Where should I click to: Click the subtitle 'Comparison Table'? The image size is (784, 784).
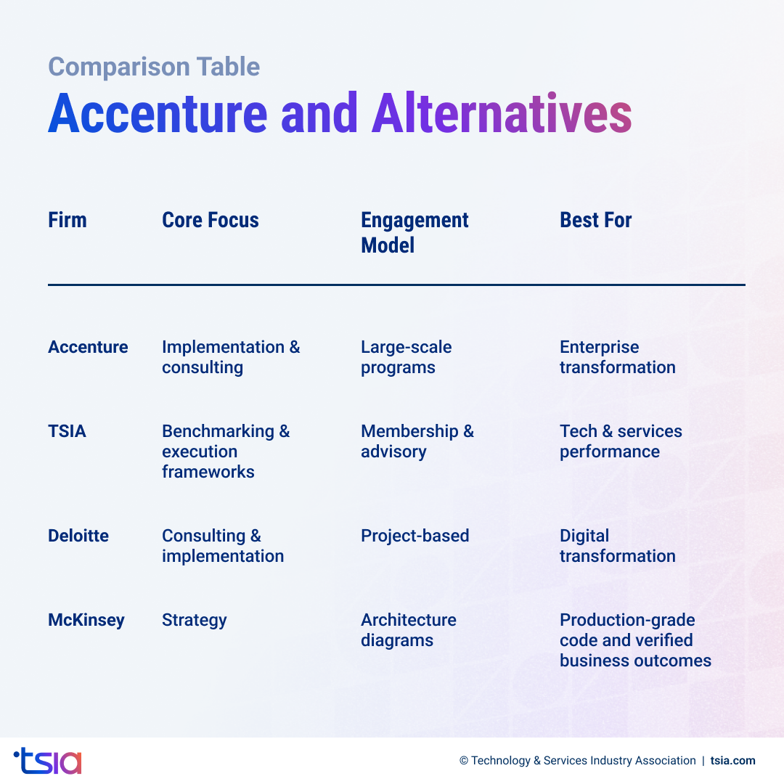[x=154, y=67]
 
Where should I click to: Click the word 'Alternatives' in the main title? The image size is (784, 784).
[x=501, y=114]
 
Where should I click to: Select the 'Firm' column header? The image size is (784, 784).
[x=68, y=220]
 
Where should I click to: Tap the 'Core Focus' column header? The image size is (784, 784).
[x=211, y=220]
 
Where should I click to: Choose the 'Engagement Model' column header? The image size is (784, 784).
[x=415, y=232]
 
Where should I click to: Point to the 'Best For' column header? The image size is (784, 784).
[x=595, y=220]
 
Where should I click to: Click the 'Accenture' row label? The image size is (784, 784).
[x=88, y=347]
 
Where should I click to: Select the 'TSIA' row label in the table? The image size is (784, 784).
[x=67, y=431]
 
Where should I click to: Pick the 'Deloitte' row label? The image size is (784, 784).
[x=78, y=536]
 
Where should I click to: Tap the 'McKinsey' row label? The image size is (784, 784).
[x=86, y=620]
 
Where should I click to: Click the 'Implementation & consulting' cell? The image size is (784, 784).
[x=230, y=357]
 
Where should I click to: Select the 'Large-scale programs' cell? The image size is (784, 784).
[x=406, y=357]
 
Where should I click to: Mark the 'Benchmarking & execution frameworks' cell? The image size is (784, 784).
[x=225, y=452]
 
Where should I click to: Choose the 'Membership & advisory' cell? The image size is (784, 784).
[x=417, y=441]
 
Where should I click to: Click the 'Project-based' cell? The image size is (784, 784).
[x=415, y=536]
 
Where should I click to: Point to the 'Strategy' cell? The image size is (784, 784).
[x=194, y=620]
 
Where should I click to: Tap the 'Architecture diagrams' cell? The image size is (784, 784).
[x=408, y=630]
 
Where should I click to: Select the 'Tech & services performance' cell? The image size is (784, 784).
[x=621, y=441]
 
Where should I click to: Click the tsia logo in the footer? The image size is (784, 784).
[x=48, y=761]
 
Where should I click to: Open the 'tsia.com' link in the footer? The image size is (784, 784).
[x=732, y=761]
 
